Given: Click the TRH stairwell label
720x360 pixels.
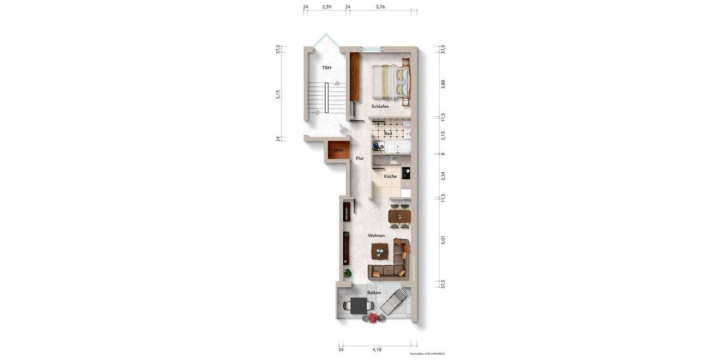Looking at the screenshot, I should coord(326,68).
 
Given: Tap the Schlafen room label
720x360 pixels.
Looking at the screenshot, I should coord(380,106).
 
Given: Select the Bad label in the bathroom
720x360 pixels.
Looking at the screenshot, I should coord(388,133).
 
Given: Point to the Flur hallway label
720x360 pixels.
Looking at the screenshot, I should coord(360,158).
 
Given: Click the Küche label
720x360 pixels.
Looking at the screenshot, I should coord(390,176).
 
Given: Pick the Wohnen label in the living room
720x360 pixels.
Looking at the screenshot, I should coord(376,236).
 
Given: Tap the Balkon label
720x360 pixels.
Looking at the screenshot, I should coord(374,293).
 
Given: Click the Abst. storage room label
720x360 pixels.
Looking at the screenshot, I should coord(338,150).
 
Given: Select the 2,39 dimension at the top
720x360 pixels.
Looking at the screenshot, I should coord(326,7).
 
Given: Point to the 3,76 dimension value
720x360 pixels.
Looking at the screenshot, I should coord(380,7).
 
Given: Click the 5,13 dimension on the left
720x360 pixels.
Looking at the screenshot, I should coord(278,94).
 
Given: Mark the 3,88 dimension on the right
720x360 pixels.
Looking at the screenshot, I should coord(443,84).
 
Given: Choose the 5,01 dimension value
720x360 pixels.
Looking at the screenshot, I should coord(443,240).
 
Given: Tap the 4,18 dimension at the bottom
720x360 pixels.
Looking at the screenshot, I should coord(377,349).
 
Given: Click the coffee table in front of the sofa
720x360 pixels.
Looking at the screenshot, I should coord(379,251).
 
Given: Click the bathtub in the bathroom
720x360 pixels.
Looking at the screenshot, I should coord(397,146).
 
